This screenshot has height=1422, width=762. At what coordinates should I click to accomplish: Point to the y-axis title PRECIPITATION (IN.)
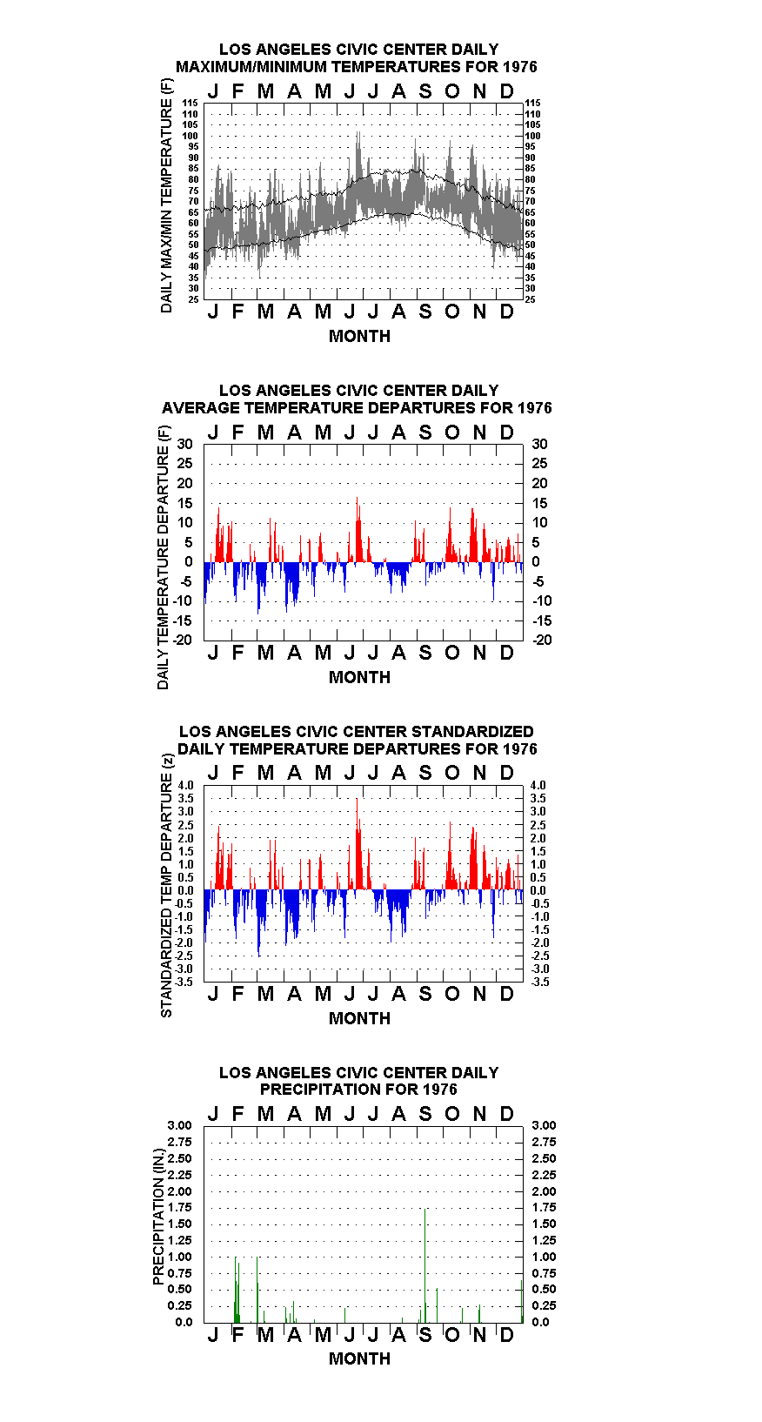tap(158, 1217)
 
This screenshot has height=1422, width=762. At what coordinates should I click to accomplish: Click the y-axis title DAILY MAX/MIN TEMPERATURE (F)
tap(166, 196)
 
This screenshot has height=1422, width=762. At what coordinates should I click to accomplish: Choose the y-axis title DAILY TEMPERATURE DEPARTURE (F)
tap(163, 557)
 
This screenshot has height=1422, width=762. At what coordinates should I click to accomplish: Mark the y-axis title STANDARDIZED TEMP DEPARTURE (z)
tap(166, 886)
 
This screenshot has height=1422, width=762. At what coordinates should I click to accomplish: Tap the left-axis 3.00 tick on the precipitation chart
tap(179, 1125)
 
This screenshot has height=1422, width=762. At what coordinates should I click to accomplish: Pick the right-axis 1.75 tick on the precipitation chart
tap(544, 1207)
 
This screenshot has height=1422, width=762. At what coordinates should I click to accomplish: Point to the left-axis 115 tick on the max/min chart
tap(190, 103)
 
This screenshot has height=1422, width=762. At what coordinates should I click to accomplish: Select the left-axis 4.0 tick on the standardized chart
tap(185, 785)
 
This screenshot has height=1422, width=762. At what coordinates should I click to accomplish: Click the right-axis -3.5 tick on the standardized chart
tap(540, 982)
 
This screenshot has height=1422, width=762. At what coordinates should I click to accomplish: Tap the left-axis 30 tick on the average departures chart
tap(184, 444)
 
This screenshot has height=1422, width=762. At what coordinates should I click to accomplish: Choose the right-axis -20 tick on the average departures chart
tap(543, 640)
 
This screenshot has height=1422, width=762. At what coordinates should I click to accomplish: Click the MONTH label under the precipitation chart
tap(360, 1358)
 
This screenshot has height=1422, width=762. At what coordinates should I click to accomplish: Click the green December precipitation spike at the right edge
tap(522, 1301)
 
